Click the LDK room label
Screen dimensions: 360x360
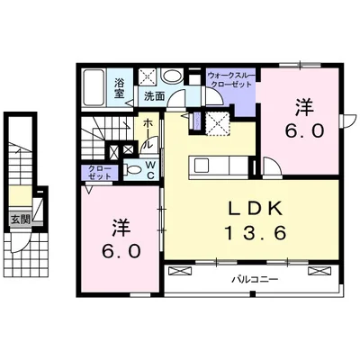click(x=256, y=209)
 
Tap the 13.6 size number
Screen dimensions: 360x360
click(x=256, y=233)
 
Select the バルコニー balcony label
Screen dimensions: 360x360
click(x=255, y=280)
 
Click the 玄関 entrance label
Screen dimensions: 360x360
click(x=21, y=220)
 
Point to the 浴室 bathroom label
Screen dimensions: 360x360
click(x=120, y=88)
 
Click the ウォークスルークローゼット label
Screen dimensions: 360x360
click(x=231, y=79)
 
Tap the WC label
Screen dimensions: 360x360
click(x=150, y=170)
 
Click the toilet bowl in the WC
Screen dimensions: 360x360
click(x=133, y=170)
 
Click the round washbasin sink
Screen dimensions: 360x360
click(x=172, y=76)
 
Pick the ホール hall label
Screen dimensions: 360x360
click(x=148, y=133)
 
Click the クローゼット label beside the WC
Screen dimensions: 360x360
click(x=100, y=173)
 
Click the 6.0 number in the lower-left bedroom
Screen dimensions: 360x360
click(x=121, y=251)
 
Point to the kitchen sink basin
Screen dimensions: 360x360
click(x=200, y=165)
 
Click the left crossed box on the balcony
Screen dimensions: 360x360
click(x=180, y=271)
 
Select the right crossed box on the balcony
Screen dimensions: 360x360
click(x=319, y=271)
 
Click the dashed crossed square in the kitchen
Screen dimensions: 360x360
click(x=217, y=123)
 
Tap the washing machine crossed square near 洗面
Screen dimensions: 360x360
click(x=148, y=76)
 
